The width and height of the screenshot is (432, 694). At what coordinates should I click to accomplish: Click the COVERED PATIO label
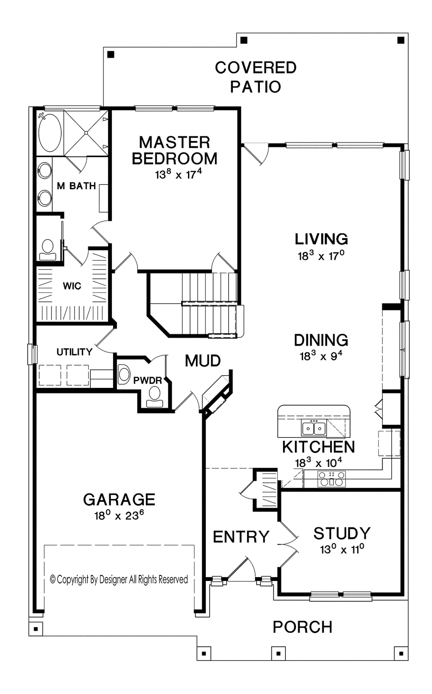click(256, 77)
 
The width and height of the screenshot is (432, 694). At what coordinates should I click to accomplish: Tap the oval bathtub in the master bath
click(50, 133)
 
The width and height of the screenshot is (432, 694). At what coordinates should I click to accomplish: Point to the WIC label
click(72, 286)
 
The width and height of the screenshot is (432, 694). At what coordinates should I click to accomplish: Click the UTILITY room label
click(74, 352)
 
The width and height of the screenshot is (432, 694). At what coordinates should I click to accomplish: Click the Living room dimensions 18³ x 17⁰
click(321, 255)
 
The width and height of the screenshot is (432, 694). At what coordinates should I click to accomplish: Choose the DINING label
click(321, 340)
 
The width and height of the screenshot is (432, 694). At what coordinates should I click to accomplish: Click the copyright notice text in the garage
click(119, 579)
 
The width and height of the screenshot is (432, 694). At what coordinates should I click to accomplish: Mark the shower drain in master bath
click(86, 133)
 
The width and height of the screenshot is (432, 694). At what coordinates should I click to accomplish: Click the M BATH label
click(76, 186)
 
